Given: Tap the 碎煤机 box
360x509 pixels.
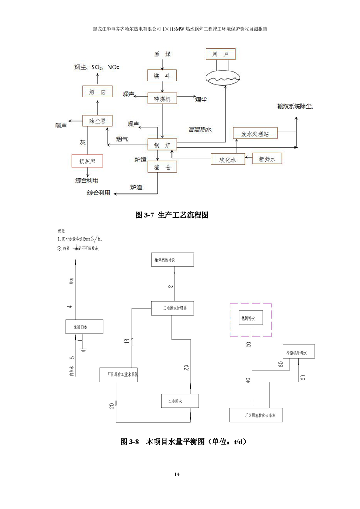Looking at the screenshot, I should point(162,99).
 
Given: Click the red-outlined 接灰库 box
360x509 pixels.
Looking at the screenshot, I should point(87,161).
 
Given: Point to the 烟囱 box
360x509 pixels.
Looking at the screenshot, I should point(97,92).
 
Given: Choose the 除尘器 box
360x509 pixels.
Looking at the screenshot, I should point(97,121).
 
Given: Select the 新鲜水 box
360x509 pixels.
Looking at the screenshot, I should point(267,159).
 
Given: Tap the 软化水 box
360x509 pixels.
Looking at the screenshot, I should point(227,159).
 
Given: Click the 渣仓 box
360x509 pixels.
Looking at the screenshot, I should point(162,167).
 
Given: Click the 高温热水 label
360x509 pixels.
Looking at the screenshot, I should point(201,129).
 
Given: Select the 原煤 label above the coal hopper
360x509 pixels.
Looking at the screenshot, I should point(162,55).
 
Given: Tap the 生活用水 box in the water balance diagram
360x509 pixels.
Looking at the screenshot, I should point(85,327).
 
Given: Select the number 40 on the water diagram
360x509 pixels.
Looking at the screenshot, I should point(248,380).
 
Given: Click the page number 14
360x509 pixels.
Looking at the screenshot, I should point(177,474).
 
